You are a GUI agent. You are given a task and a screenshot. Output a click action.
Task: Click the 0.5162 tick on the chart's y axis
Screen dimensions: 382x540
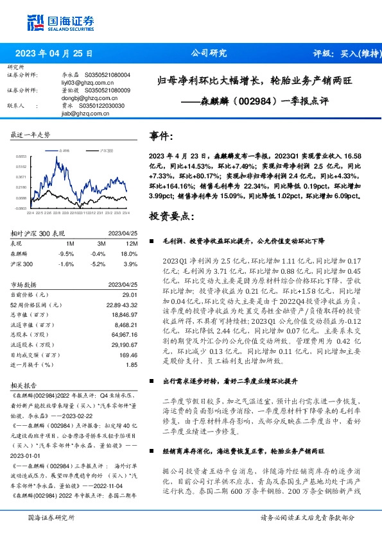(x=21, y=166)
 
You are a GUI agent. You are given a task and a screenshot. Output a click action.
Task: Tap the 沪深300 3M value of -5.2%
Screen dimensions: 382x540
(x=98, y=264)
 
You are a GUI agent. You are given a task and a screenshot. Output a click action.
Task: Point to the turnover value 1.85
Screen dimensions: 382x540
(x=133, y=365)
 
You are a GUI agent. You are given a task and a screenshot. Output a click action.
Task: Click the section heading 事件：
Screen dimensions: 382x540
(x=161, y=136)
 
